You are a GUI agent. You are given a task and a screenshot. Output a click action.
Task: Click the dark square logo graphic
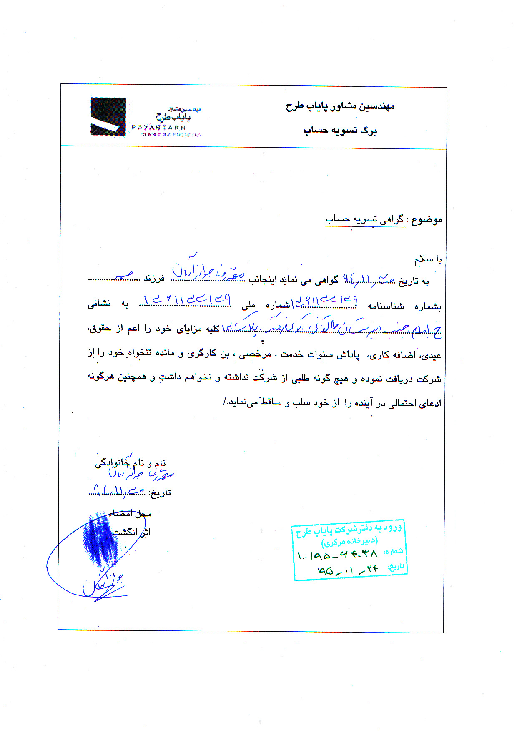(x=108, y=116)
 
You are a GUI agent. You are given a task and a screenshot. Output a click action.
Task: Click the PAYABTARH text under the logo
(x=158, y=127)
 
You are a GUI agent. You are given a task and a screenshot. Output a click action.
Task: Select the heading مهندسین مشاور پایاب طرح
(x=340, y=107)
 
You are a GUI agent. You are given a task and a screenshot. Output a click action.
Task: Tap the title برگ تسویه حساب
(x=340, y=131)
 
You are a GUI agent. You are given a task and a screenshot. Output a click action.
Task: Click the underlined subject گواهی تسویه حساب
(x=365, y=219)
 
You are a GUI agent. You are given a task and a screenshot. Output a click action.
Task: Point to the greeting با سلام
(x=427, y=260)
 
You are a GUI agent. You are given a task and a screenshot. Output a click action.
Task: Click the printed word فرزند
(x=154, y=279)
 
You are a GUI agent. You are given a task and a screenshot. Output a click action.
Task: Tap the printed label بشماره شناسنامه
(x=404, y=306)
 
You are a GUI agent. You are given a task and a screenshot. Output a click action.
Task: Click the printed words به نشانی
(x=108, y=304)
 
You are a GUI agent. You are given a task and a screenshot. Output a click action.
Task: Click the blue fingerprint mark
(x=100, y=540)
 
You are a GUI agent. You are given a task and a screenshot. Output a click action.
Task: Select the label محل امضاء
(x=130, y=514)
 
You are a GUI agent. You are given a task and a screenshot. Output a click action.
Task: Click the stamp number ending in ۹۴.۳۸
(x=338, y=555)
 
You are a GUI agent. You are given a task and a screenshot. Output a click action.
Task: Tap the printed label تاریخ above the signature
(x=160, y=493)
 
